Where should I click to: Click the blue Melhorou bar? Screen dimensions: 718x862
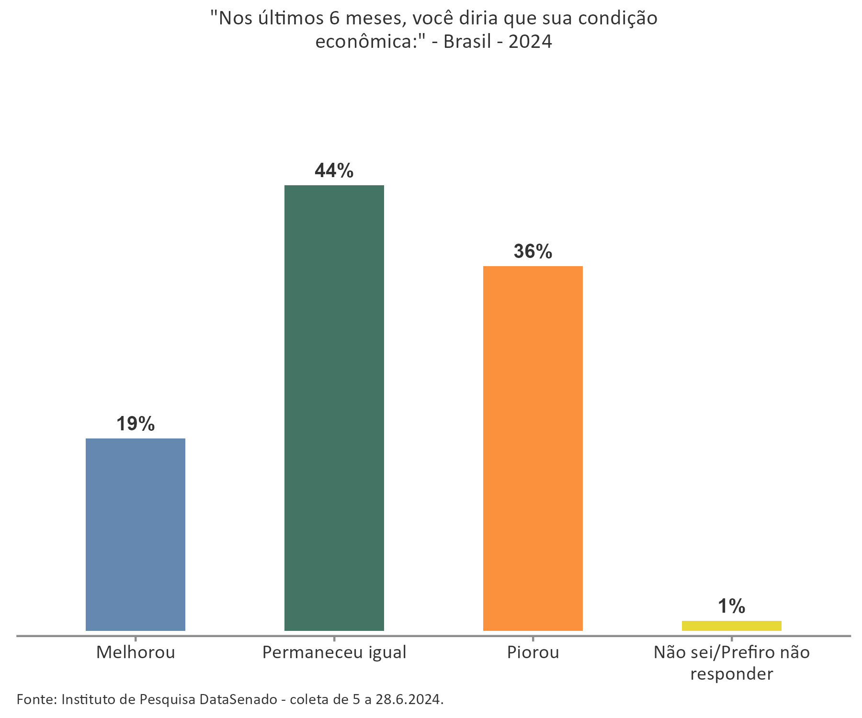tap(136, 534)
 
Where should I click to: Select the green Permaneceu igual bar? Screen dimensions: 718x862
tap(334, 408)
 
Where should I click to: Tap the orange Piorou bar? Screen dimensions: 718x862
tap(533, 448)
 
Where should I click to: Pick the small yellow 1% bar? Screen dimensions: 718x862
tap(732, 626)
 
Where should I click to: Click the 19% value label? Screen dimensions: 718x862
tap(136, 424)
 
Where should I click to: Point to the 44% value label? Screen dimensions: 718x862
tap(334, 171)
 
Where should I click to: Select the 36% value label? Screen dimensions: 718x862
tap(533, 252)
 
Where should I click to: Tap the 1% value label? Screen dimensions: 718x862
tap(732, 606)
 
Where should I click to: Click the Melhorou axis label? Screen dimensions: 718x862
tap(136, 652)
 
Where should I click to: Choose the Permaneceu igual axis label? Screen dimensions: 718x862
tap(334, 652)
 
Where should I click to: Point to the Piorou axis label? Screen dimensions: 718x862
tap(533, 652)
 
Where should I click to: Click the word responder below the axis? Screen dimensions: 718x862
tap(732, 674)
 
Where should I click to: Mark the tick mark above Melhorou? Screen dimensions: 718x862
tap(136, 639)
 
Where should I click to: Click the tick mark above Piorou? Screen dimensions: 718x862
tap(533, 639)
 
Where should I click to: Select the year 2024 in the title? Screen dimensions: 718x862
tap(530, 42)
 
